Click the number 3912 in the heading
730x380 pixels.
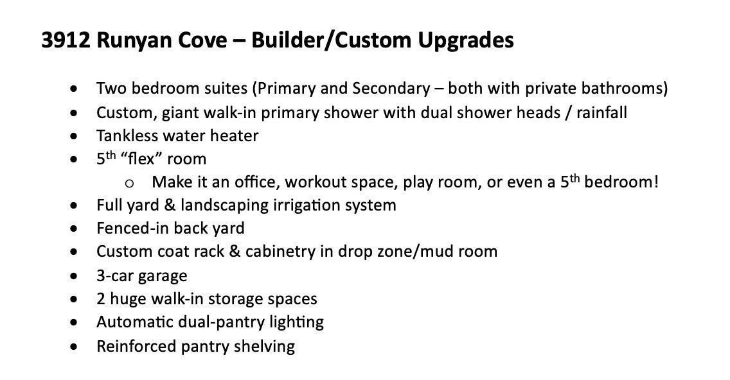pyautogui.click(x=66, y=40)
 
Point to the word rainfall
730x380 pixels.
pyautogui.click(x=601, y=112)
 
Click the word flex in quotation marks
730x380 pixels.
pyautogui.click(x=141, y=159)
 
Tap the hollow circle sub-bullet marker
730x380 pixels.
pyautogui.click(x=129, y=183)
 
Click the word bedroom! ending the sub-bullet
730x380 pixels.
pyautogui.click(x=621, y=182)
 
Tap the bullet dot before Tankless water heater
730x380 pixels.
pyautogui.click(x=73, y=136)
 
